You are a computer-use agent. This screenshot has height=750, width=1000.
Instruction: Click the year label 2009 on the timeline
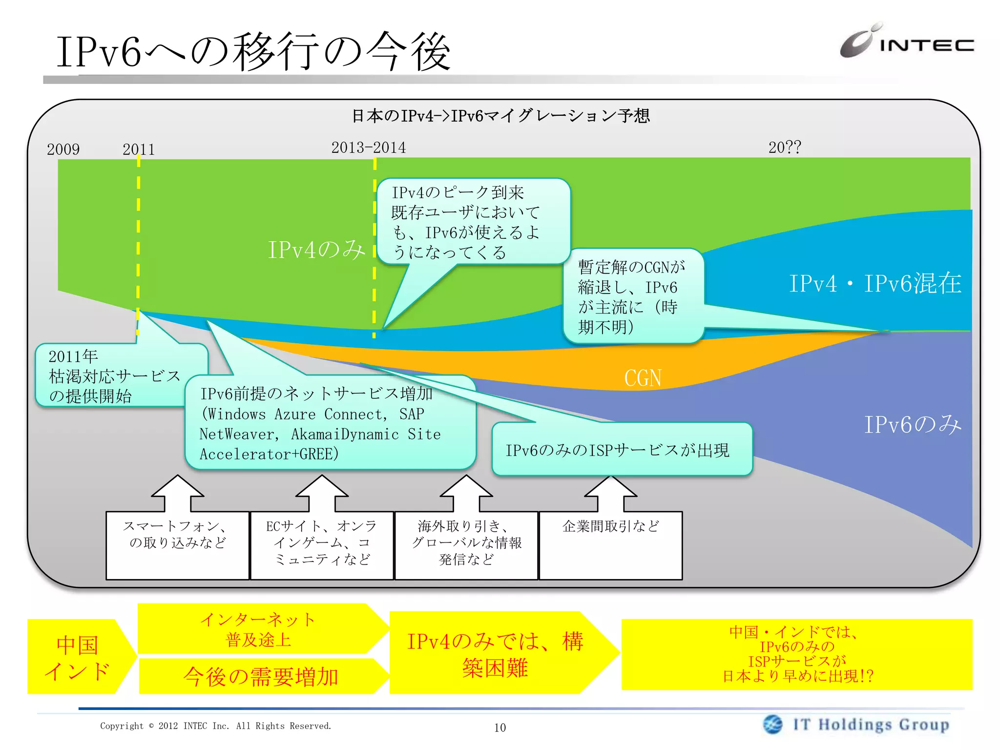(63, 149)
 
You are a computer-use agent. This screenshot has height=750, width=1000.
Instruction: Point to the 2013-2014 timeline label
(368, 147)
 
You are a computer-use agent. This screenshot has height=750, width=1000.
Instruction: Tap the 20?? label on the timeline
(784, 147)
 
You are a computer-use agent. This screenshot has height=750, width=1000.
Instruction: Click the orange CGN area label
(643, 378)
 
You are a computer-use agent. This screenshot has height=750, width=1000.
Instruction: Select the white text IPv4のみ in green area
(316, 250)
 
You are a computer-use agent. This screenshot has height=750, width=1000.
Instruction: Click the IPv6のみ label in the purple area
(912, 424)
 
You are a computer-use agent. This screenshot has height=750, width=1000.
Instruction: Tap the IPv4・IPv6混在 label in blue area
(875, 284)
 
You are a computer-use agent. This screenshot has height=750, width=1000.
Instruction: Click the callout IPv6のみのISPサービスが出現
(621, 450)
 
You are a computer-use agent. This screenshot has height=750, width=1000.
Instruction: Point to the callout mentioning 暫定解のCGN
(632, 296)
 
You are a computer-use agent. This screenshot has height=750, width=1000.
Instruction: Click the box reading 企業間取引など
(610, 544)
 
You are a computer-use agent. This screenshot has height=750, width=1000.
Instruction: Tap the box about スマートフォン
(177, 544)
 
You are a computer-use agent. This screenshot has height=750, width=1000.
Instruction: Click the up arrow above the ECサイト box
(322, 492)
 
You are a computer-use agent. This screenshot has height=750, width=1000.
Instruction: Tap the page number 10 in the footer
(500, 728)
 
